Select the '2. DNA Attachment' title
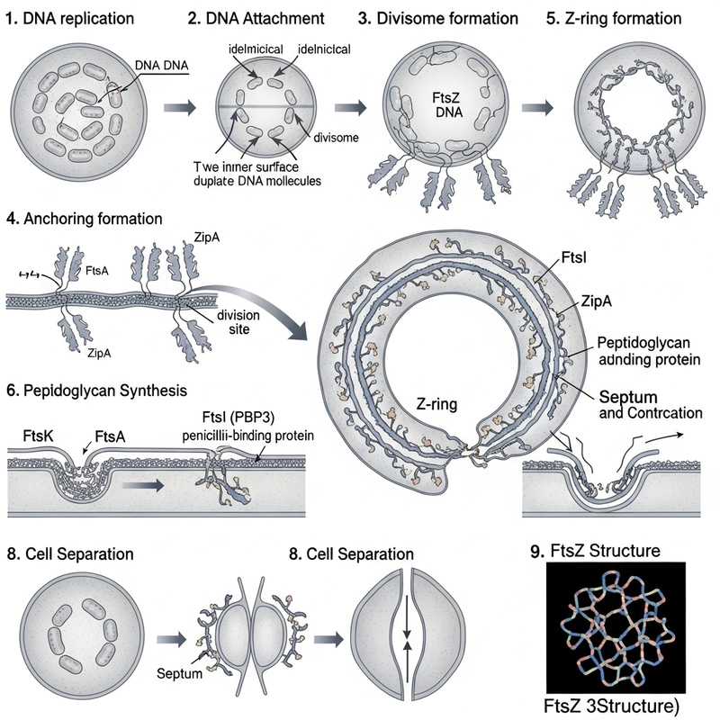254,18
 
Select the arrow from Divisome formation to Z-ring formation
537,107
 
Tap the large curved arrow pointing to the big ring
261,301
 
